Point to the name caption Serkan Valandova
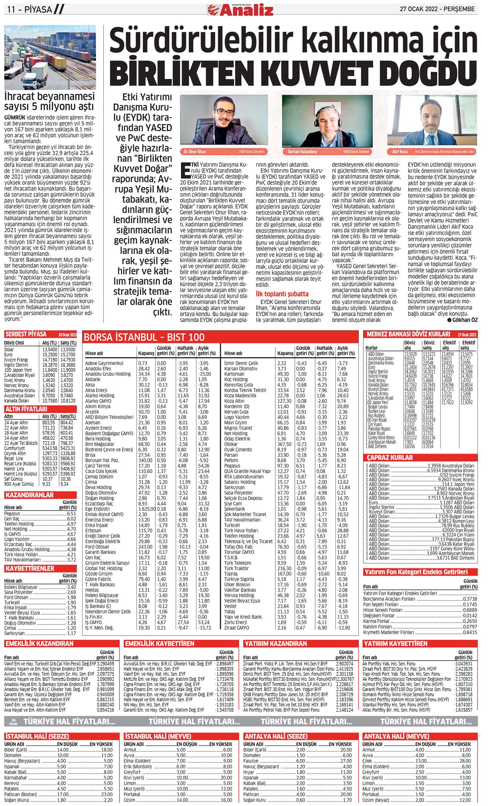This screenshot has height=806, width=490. click(303, 151)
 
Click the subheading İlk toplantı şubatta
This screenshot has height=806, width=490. click(282, 294)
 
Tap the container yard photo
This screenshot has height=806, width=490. click(50, 57)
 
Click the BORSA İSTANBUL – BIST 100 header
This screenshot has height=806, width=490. click(144, 337)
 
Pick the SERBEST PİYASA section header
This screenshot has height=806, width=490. click(26, 334)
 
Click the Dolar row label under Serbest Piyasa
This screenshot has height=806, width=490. click(9, 349)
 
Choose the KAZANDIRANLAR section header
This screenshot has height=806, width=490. click(29, 495)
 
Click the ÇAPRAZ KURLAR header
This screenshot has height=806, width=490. click(390, 457)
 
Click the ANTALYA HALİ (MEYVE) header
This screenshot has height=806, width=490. click(396, 736)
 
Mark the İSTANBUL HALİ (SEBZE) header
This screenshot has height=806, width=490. click(37, 736)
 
